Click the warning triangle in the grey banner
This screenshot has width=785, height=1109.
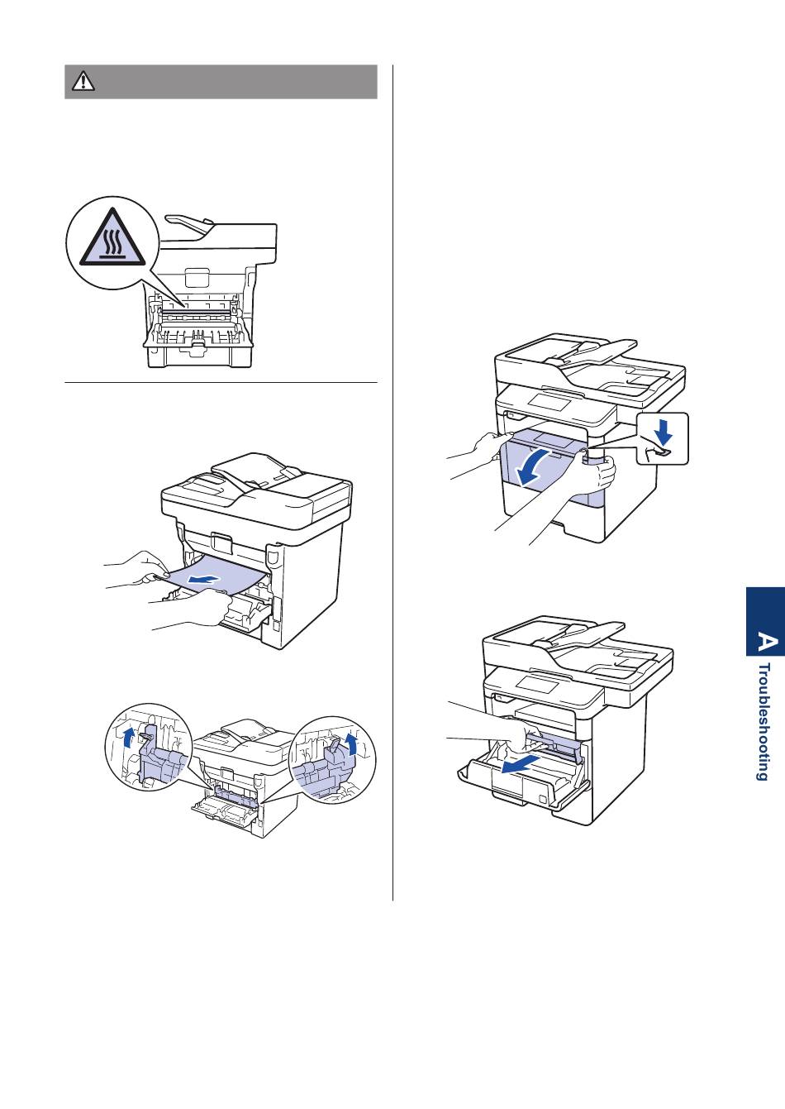point(83,81)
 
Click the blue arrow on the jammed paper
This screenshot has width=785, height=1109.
point(201,579)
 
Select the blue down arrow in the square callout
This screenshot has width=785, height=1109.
point(663,431)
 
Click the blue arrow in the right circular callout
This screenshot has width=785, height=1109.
point(353,743)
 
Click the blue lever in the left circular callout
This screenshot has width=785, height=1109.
point(154,757)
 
